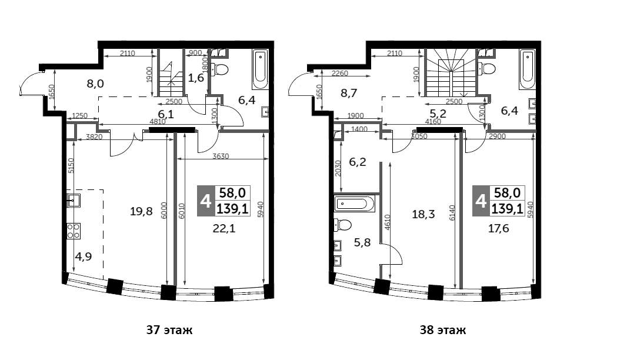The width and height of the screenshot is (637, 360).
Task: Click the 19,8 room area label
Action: point(141,211)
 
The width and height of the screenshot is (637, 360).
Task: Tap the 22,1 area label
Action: point(224,229)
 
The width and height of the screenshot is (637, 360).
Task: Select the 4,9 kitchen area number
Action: point(84,256)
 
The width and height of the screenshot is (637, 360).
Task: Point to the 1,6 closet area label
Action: point(196,78)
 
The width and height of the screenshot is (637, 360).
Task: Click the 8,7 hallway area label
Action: point(349,93)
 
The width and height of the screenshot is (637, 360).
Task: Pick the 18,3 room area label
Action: point(423,214)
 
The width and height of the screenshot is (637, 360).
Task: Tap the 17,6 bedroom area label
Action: point(498,229)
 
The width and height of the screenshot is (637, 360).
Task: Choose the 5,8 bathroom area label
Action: point(362,243)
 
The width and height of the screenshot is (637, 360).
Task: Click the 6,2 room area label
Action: point(358,162)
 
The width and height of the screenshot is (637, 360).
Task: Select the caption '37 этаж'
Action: point(169,330)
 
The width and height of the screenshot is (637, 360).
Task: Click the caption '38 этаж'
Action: point(443,330)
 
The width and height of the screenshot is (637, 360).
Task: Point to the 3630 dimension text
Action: point(221,156)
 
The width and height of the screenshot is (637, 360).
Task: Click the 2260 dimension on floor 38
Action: point(339,74)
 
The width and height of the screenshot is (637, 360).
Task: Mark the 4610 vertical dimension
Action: point(387,223)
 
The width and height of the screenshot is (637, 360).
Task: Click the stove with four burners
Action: point(74,231)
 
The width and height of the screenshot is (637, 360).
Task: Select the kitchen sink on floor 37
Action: point(74,201)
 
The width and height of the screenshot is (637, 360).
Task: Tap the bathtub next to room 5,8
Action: point(354,204)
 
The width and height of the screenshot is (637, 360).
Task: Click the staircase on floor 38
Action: point(450,72)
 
